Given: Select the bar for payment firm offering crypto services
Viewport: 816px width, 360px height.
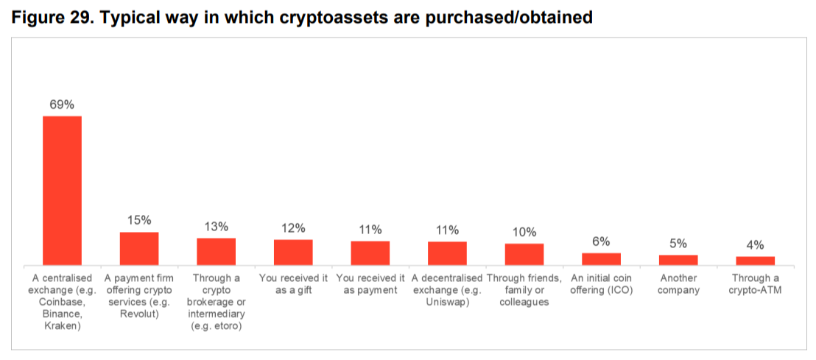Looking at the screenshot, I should pyautogui.click(x=139, y=248).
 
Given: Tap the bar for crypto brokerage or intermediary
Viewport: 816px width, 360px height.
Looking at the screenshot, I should pyautogui.click(x=216, y=251).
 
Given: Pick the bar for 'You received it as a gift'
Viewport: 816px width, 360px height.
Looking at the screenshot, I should pyautogui.click(x=293, y=252).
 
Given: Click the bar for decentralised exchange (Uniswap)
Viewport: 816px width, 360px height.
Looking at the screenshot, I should pyautogui.click(x=447, y=253).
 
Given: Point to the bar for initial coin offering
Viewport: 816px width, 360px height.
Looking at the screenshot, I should pyautogui.click(x=601, y=258).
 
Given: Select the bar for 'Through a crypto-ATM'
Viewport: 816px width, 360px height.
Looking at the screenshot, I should pyautogui.click(x=755, y=260).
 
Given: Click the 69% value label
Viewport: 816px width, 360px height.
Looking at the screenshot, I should pyautogui.click(x=62, y=105).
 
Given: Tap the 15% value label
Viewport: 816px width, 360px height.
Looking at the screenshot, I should pyautogui.click(x=139, y=220).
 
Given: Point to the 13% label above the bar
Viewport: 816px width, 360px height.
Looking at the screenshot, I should pyautogui.click(x=216, y=226).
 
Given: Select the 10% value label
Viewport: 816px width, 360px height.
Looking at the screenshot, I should pyautogui.click(x=524, y=232).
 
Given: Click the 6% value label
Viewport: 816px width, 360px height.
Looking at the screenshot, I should pyautogui.click(x=601, y=241).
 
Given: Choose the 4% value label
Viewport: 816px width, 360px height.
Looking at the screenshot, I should pyautogui.click(x=755, y=245).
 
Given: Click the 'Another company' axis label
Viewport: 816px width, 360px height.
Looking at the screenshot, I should pyautogui.click(x=678, y=284).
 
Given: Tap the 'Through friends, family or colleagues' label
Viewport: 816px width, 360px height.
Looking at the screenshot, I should pyautogui.click(x=524, y=290).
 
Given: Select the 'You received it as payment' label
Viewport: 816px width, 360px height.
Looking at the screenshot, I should pyautogui.click(x=370, y=284).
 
